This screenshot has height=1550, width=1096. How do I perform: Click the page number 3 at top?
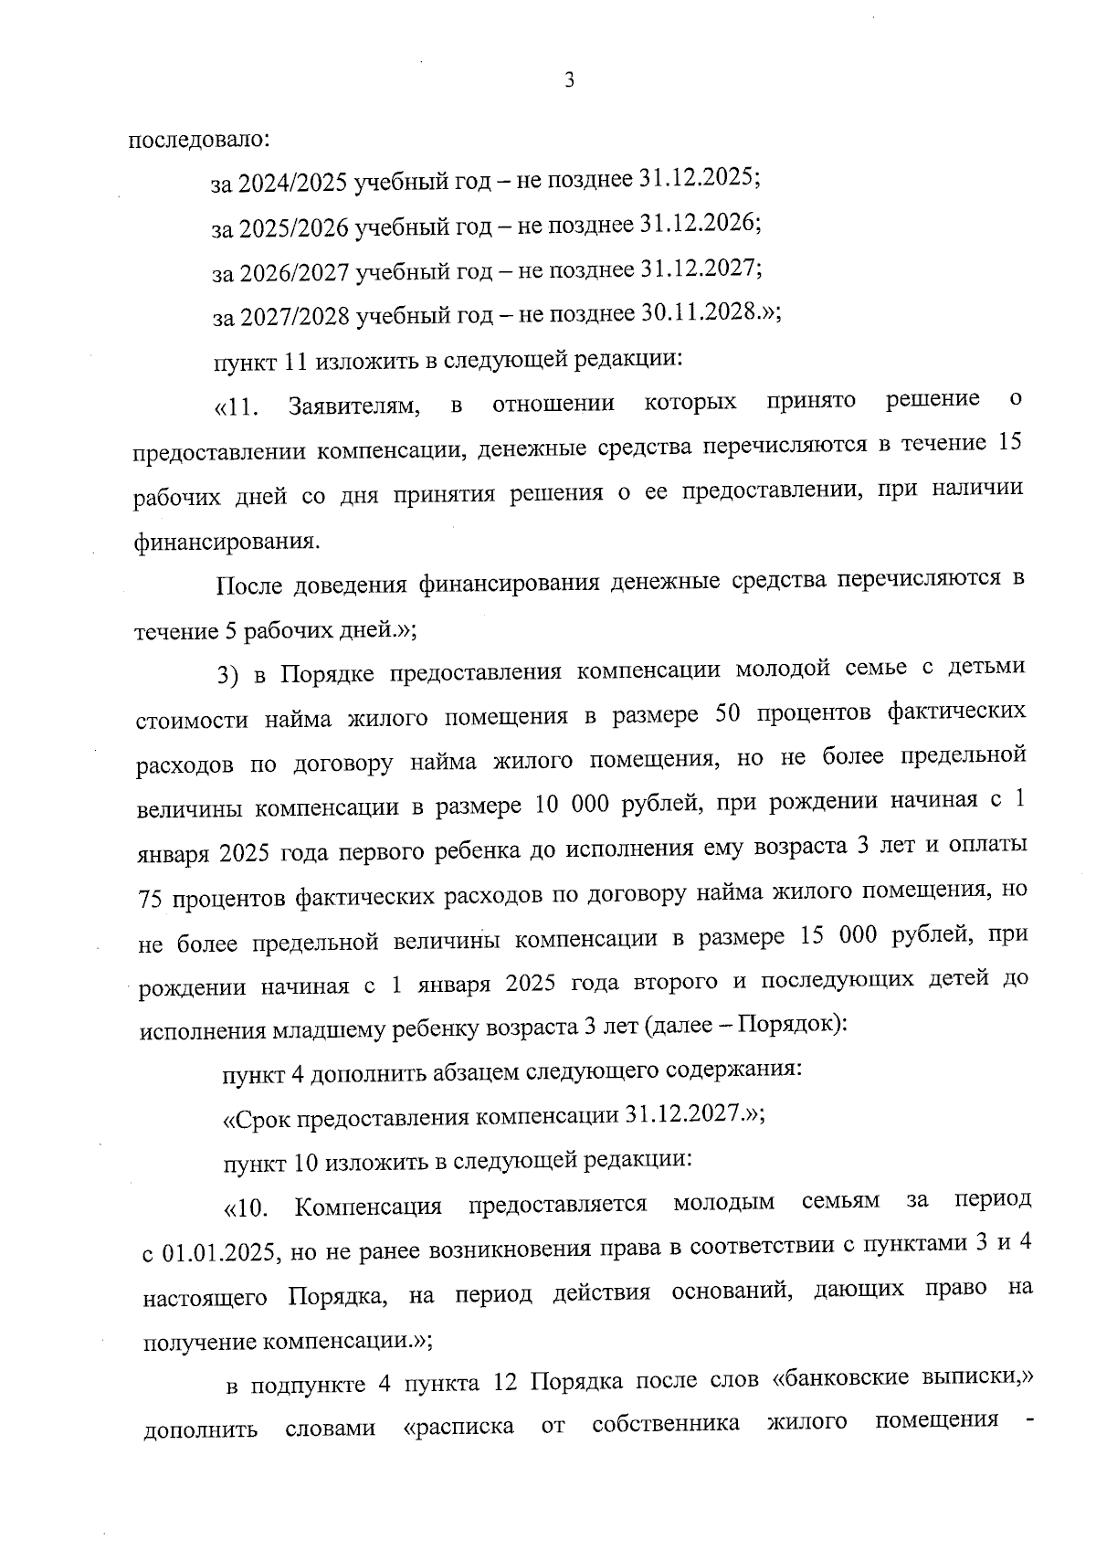point(570,80)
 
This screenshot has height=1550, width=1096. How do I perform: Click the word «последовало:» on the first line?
point(198,141)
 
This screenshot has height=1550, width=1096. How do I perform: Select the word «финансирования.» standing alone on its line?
point(228,541)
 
